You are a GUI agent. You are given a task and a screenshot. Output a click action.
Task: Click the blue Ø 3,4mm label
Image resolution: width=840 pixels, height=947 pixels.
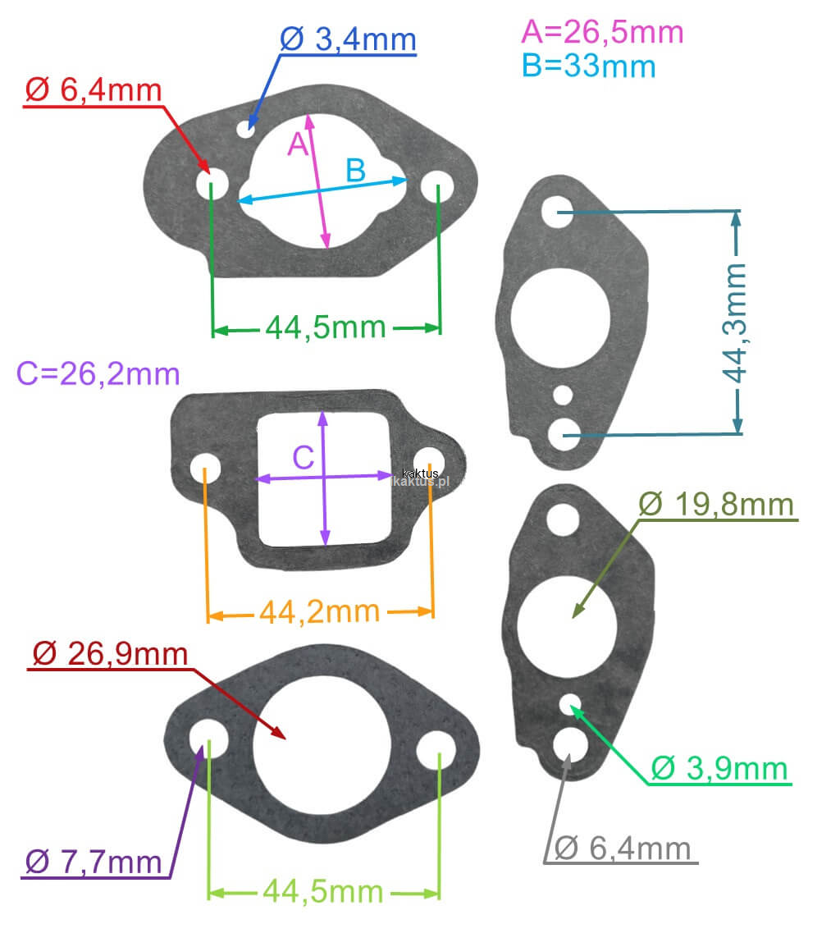pyautogui.click(x=348, y=39)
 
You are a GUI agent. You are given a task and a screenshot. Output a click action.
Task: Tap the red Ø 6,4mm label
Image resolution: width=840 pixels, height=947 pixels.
pyautogui.click(x=94, y=90)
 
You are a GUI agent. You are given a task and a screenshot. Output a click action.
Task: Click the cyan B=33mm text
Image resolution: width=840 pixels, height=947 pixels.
pyautogui.click(x=589, y=66)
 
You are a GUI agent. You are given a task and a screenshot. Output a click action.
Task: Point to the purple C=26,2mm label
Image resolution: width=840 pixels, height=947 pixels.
pyautogui.click(x=98, y=374)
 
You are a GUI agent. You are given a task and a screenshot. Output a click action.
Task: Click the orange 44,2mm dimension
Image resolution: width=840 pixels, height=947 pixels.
pyautogui.click(x=319, y=612)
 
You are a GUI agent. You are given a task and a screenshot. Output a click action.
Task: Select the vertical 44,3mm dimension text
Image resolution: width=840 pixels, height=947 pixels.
pyautogui.click(x=736, y=323)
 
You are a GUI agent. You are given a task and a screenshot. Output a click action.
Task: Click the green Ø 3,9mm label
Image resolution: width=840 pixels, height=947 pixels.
pyautogui.click(x=719, y=768)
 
